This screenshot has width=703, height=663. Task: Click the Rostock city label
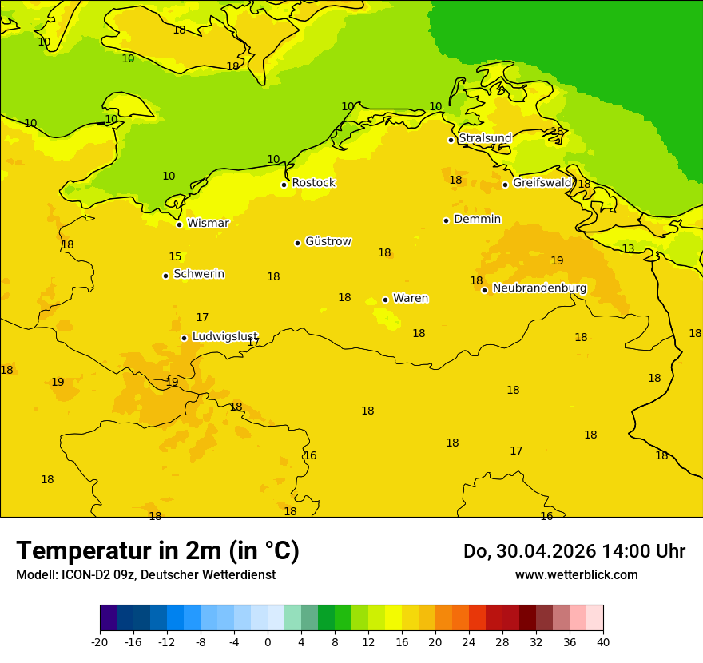pyautogui.click(x=313, y=183)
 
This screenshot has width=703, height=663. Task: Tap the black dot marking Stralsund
pyautogui.click(x=451, y=140)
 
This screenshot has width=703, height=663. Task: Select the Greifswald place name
pyautogui.click(x=542, y=183)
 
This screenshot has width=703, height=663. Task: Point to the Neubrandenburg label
pyautogui.click(x=539, y=288)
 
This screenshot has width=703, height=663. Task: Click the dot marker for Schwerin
pyautogui.click(x=165, y=276)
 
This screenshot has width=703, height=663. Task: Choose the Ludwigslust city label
pyautogui.click(x=224, y=336)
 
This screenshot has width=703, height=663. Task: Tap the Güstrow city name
pyautogui.click(x=328, y=241)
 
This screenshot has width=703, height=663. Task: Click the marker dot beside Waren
pyautogui.click(x=385, y=300)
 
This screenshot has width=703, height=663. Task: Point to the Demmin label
pyautogui.click(x=477, y=220)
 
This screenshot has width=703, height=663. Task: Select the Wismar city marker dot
pyautogui.click(x=179, y=224)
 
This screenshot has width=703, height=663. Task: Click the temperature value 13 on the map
pyautogui.click(x=628, y=249)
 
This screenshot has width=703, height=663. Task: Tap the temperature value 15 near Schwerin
pyautogui.click(x=175, y=257)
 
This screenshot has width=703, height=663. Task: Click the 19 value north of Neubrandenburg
pyautogui.click(x=557, y=261)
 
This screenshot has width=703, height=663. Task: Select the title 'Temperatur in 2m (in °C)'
pyautogui.click(x=157, y=550)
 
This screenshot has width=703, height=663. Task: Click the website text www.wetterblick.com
pyautogui.click(x=576, y=575)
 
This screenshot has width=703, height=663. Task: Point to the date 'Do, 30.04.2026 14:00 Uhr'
pyautogui.click(x=574, y=551)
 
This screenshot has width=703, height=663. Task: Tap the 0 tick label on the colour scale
pyautogui.click(x=268, y=642)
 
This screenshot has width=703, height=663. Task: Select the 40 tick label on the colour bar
pyautogui.click(x=602, y=642)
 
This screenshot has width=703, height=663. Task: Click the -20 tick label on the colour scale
pyautogui.click(x=99, y=642)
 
